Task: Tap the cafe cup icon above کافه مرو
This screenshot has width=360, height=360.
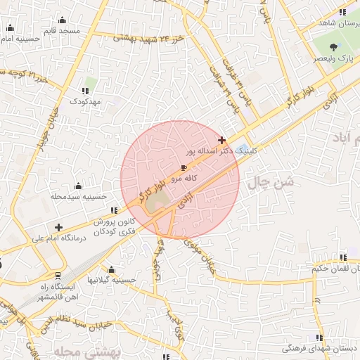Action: pyautogui.click(x=184, y=168)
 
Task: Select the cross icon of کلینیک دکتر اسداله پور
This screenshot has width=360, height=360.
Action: pyautogui.click(x=222, y=141)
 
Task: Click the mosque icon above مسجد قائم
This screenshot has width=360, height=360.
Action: pyautogui.click(x=63, y=20)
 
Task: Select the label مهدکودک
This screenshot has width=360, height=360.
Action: pyautogui.click(x=86, y=102)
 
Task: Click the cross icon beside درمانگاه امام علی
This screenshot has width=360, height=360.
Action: pyautogui.click(x=58, y=227)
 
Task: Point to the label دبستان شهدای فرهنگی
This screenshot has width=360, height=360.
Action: pyautogui.click(x=320, y=348)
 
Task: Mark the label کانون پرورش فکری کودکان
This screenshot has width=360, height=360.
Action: pyautogui.click(x=115, y=226)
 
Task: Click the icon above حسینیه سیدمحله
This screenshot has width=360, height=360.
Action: pyautogui.click(x=77, y=186)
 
